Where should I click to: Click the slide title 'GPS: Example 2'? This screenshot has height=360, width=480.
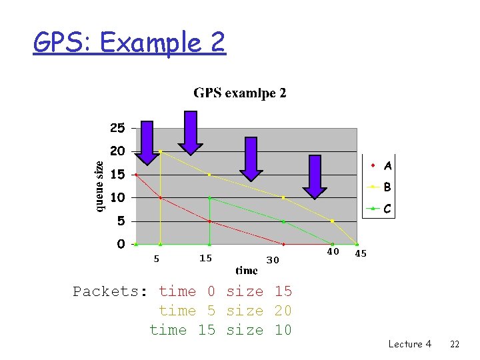[x=129, y=43]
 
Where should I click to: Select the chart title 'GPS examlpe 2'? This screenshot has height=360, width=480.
[x=240, y=93]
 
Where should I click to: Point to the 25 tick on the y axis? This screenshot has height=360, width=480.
[x=117, y=127]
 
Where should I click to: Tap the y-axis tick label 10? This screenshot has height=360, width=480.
[x=117, y=197]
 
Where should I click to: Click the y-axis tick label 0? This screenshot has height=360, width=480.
[x=121, y=244]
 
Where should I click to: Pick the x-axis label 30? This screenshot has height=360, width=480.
[x=273, y=260]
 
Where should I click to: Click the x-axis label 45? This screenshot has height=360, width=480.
[x=361, y=254]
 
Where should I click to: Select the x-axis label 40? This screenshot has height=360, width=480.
[x=333, y=251]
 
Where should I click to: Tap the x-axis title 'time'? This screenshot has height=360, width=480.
[x=247, y=271]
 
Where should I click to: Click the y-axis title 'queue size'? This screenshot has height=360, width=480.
[x=99, y=187]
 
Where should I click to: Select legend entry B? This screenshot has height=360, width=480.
[x=387, y=187]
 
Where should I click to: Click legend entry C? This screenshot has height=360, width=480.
[x=387, y=209]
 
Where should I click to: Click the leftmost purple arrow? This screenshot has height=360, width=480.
[x=147, y=142]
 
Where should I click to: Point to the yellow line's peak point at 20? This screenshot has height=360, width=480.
[x=161, y=151]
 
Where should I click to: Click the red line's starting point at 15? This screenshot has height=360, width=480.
[x=137, y=175]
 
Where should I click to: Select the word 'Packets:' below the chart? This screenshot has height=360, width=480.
[x=111, y=291]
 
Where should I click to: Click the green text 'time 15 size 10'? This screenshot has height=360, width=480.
[x=221, y=330]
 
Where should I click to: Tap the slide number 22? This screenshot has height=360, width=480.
[x=455, y=344]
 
